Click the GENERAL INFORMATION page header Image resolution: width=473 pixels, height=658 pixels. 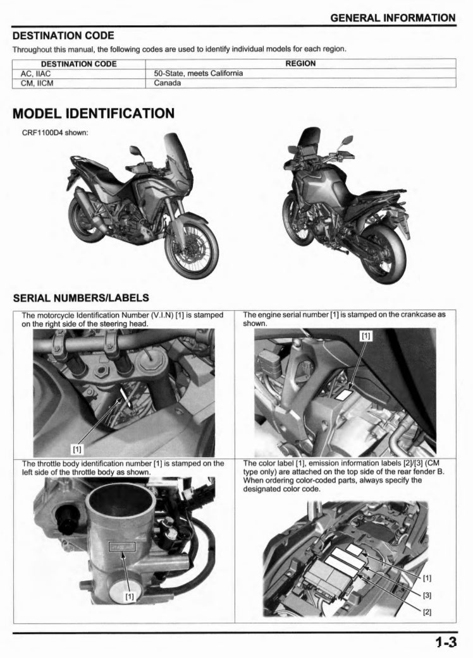(393, 17)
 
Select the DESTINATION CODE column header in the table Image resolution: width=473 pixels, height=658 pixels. (78, 64)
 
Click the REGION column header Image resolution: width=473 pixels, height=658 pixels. (300, 64)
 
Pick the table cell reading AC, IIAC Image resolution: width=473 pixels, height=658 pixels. (37, 73)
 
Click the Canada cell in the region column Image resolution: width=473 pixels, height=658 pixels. (168, 83)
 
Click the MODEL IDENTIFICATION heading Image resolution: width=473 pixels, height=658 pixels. (94, 114)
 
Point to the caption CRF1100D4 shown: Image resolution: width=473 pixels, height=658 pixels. (55, 133)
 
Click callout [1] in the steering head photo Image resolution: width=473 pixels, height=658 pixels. (77, 450)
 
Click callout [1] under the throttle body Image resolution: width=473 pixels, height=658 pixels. (130, 595)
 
